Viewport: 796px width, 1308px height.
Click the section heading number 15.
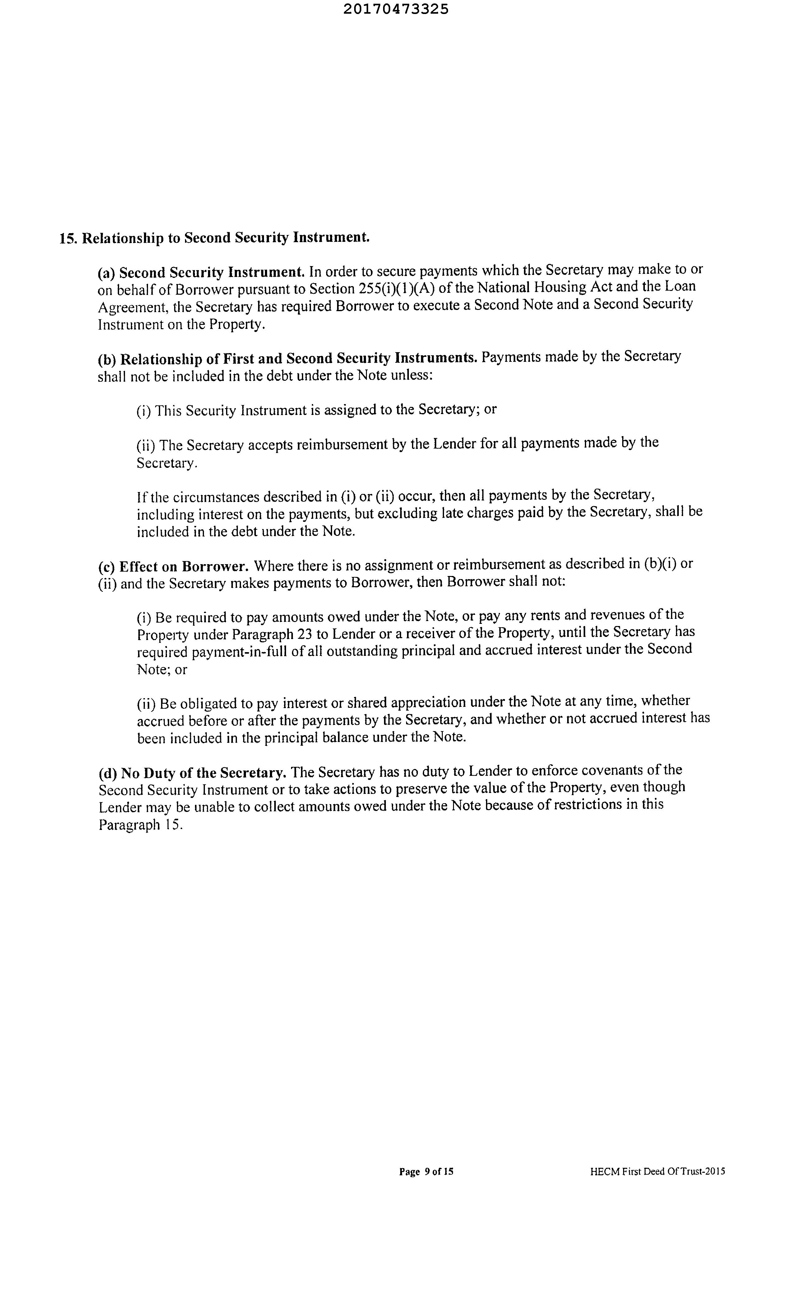click(68, 238)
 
